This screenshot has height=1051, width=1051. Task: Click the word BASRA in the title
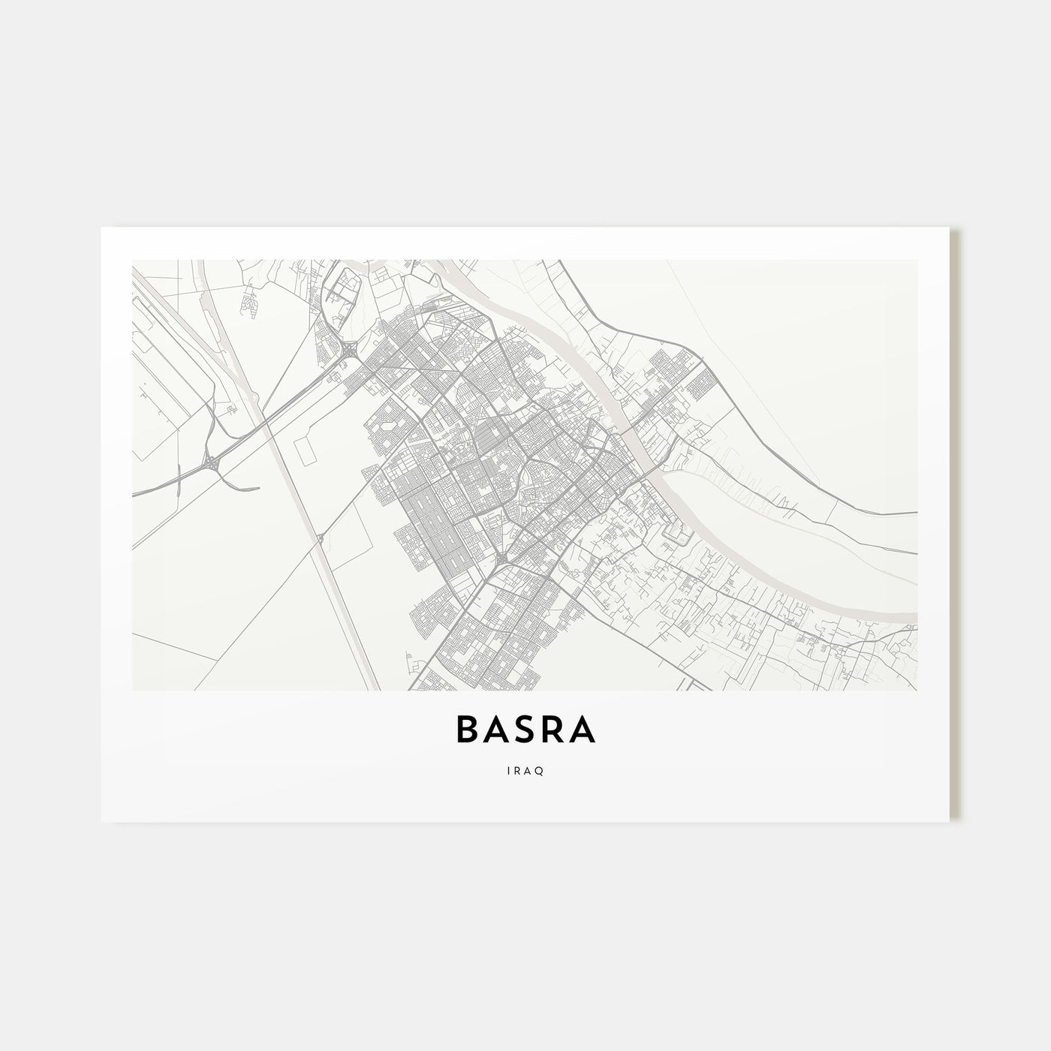525,730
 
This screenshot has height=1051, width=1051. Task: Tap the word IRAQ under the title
525,769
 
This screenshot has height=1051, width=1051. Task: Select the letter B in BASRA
467,730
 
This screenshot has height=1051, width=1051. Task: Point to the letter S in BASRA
526,730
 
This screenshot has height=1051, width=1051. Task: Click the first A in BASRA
497,730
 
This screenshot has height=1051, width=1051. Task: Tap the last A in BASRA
584,730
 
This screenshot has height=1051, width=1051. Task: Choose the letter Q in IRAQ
541,769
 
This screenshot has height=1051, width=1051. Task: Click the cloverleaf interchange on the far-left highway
213,465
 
